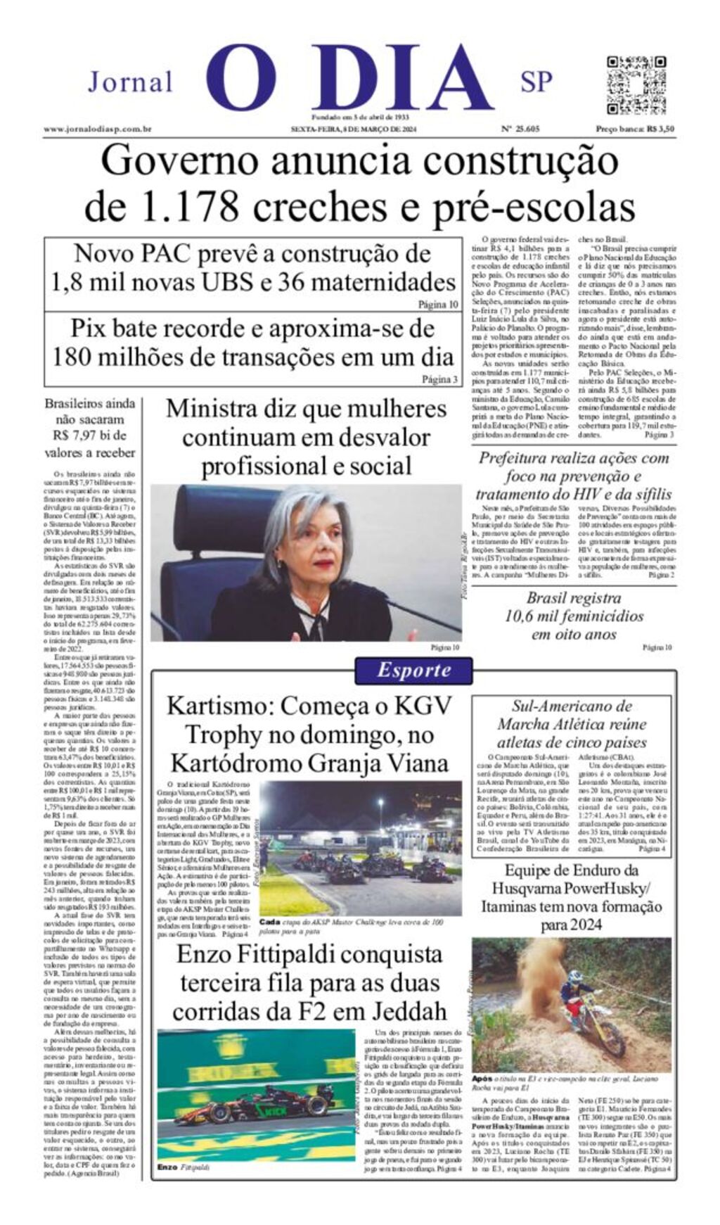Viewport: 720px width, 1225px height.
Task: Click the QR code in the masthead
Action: (636, 84)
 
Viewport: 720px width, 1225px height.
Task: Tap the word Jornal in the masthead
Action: (130, 82)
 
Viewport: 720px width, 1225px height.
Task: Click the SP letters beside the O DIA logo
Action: (536, 82)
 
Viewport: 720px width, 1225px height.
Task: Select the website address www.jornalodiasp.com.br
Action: (98, 129)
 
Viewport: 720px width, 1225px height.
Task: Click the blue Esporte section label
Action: (413, 670)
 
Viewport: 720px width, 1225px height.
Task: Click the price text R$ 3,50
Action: (660, 129)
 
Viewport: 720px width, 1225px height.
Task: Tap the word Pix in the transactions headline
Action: (87, 329)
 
